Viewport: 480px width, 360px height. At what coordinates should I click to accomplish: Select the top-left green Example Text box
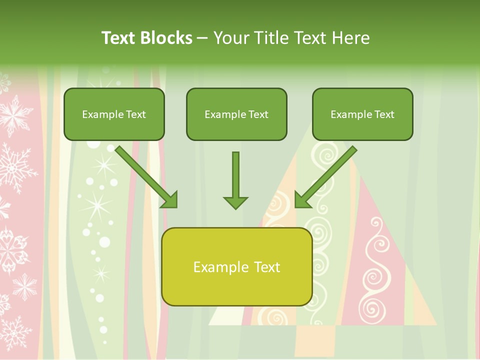(x=114, y=114)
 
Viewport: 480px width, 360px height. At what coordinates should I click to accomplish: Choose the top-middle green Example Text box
(x=236, y=114)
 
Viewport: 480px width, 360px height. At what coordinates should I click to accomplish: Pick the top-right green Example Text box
(x=362, y=114)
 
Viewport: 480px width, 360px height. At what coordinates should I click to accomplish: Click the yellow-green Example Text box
(x=236, y=266)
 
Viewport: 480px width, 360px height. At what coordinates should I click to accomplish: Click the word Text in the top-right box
(x=384, y=114)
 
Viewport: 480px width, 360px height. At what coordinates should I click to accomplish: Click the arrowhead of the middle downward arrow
(x=235, y=202)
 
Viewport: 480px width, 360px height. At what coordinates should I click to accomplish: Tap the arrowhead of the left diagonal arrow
(x=170, y=200)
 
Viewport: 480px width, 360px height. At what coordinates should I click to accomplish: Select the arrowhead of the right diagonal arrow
(x=302, y=200)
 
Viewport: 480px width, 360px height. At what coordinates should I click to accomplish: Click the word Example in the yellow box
(x=219, y=267)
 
